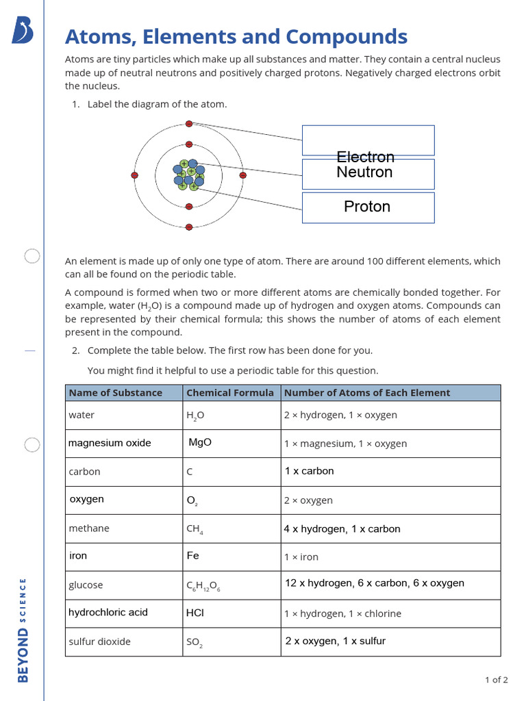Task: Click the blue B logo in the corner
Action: pyautogui.click(x=23, y=31)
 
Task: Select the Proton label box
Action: pyautogui.click(x=368, y=207)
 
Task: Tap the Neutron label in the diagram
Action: pyautogui.click(x=364, y=173)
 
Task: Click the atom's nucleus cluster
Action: pyautogui.click(x=188, y=175)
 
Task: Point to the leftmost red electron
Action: pyautogui.click(x=134, y=175)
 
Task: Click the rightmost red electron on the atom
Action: pyautogui.click(x=242, y=175)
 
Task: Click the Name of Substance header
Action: pyautogui.click(x=116, y=393)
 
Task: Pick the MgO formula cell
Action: pyautogui.click(x=200, y=442)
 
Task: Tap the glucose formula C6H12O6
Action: pyautogui.click(x=203, y=586)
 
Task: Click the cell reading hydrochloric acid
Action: pyautogui.click(x=108, y=612)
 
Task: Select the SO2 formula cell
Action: pyautogui.click(x=195, y=643)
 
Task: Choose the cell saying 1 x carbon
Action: pyautogui.click(x=310, y=471)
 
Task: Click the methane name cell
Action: pyautogui.click(x=89, y=528)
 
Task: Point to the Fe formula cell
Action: pyautogui.click(x=193, y=556)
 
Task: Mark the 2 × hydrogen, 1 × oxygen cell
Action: pyautogui.click(x=340, y=415)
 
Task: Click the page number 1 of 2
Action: pyautogui.click(x=496, y=680)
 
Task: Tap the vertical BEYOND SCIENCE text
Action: pyautogui.click(x=23, y=630)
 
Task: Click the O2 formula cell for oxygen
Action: pyautogui.click(x=192, y=500)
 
